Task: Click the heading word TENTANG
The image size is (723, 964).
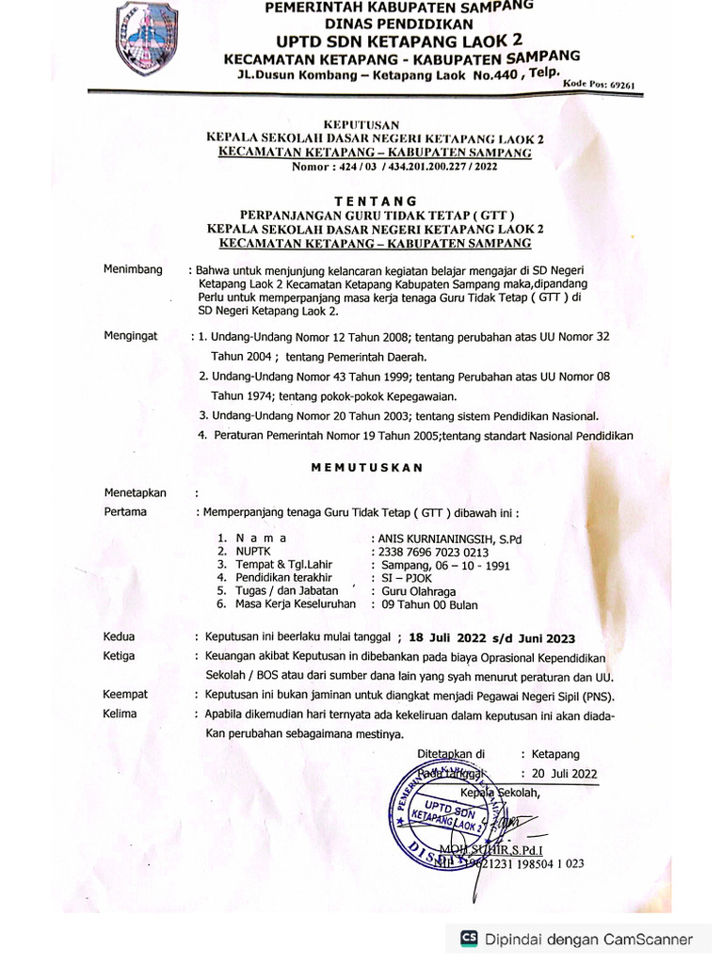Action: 376,201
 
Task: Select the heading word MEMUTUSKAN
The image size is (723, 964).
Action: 367,467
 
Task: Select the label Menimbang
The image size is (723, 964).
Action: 133,269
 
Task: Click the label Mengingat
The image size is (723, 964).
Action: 132,335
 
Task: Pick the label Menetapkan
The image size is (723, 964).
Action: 136,492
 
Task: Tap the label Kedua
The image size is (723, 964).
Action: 120,636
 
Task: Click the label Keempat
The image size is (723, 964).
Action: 126,694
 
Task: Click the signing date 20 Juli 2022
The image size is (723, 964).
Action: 565,773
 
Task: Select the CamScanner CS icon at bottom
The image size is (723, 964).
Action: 468,939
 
